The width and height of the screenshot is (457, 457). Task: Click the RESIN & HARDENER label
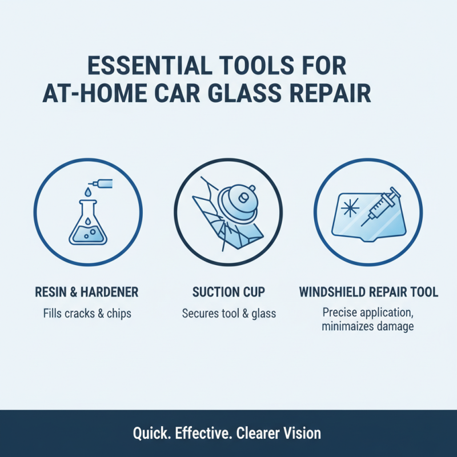(x=86, y=292)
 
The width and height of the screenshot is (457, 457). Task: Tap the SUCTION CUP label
(x=228, y=292)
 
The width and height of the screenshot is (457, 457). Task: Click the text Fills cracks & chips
(x=86, y=313)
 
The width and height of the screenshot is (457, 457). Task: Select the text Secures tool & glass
(x=228, y=313)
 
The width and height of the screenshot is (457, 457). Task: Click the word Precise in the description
(x=339, y=312)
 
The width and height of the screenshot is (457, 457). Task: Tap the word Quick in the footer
(x=150, y=433)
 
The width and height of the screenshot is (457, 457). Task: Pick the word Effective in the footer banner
(x=199, y=433)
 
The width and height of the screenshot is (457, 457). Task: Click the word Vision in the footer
(x=300, y=433)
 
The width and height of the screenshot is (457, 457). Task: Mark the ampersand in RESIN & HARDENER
(x=73, y=292)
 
